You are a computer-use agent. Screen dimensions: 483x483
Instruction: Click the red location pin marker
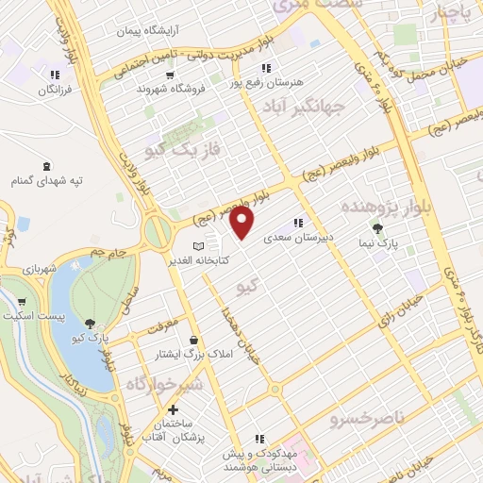242,224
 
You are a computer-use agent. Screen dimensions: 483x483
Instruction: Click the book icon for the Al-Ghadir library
199,245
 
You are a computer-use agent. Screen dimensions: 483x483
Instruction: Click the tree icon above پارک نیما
378,227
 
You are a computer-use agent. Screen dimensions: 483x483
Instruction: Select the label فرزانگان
55,89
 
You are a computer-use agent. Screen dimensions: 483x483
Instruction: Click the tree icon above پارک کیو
90,323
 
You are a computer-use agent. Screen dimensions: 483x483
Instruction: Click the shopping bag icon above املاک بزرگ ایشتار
193,340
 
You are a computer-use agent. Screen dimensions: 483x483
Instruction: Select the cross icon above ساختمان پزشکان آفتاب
174,410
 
